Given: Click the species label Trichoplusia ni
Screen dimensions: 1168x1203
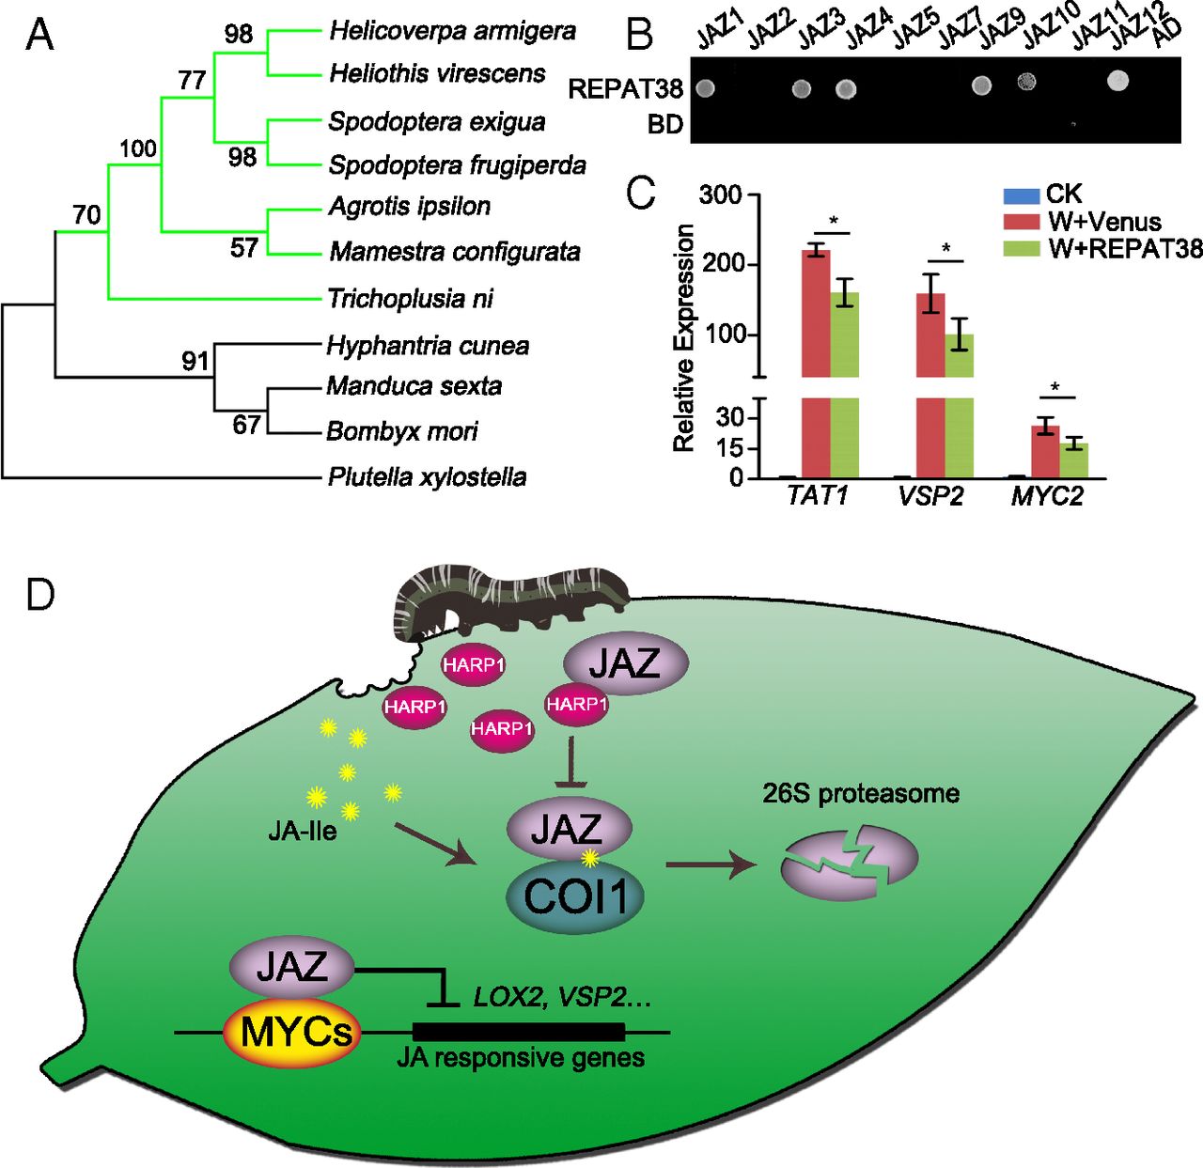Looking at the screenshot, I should [410, 299].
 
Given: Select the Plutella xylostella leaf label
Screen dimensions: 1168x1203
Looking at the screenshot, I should [427, 477].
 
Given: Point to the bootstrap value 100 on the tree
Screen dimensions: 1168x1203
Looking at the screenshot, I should [137, 149].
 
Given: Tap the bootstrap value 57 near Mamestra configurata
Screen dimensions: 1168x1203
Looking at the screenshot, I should [243, 247].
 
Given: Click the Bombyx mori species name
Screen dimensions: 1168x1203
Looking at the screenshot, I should [401, 431].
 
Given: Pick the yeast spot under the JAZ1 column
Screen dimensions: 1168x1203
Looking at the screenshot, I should [705, 88].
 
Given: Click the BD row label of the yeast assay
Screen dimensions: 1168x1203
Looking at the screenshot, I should [664, 125].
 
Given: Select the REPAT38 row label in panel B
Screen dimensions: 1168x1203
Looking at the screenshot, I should [625, 89].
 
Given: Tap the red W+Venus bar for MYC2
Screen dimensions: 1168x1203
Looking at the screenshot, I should [1045, 451].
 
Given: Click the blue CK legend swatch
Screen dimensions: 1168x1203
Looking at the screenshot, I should [1020, 195].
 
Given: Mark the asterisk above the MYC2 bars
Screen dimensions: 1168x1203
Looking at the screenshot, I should [1055, 387].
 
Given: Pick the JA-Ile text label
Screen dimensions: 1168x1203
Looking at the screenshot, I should [302, 831].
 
